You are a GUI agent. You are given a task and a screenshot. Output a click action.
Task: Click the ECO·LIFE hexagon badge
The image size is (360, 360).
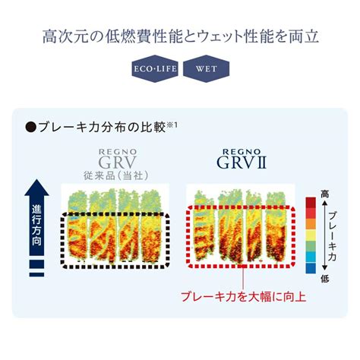[x=155, y=68]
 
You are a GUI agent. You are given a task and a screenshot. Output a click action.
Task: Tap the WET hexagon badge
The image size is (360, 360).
[x=206, y=68]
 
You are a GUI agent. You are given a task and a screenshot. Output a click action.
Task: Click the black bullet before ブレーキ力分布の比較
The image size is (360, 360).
[x=30, y=127]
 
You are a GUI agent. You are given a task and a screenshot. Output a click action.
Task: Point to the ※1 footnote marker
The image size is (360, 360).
[x=172, y=125]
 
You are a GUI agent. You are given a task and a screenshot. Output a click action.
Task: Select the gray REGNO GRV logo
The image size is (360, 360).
[x=118, y=159]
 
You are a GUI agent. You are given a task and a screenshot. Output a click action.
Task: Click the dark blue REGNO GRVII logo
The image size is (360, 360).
[x=242, y=159]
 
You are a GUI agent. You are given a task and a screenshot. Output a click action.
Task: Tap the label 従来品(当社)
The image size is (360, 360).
[x=115, y=175]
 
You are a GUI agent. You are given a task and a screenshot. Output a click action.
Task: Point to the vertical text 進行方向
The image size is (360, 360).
[x=36, y=226]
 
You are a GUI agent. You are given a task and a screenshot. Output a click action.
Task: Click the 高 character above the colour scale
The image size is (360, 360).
[x=325, y=194]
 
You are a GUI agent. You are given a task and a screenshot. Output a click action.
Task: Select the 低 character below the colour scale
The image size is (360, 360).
[x=325, y=279]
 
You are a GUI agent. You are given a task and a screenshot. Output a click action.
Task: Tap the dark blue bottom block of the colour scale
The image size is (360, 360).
[x=311, y=268]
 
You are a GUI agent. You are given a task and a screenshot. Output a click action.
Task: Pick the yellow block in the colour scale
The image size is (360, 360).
[x=311, y=235]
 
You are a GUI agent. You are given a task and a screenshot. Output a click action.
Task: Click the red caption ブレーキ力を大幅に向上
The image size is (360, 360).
[x=244, y=297]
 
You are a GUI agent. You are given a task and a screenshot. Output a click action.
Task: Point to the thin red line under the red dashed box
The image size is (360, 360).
[x=243, y=279]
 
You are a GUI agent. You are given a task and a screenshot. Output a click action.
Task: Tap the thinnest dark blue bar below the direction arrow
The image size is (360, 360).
[x=36, y=274]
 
